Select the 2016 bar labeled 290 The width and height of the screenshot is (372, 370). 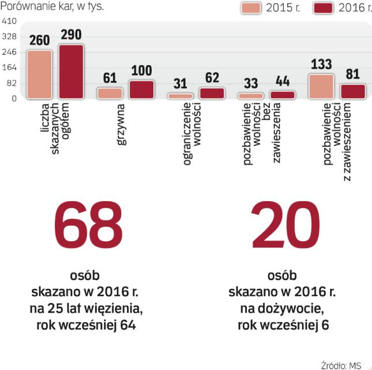(71, 72)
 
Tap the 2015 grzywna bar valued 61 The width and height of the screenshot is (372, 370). (110, 93)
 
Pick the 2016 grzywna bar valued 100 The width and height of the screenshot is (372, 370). (141, 90)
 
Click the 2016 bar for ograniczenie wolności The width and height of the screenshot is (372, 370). (212, 93)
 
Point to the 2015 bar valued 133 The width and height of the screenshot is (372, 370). (321, 86)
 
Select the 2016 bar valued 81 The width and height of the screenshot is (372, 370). (353, 91)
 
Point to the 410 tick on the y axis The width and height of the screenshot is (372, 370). (9, 21)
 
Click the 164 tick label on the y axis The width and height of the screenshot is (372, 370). (9, 68)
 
